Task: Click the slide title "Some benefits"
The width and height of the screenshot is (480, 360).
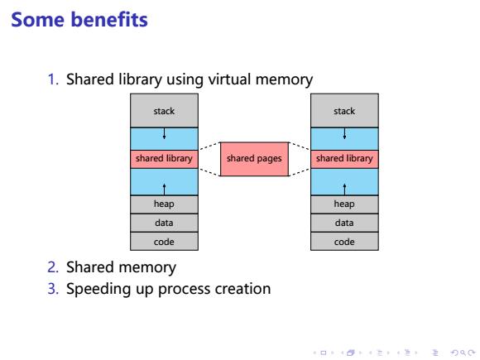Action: [79, 20]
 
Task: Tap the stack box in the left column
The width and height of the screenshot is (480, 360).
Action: [164, 111]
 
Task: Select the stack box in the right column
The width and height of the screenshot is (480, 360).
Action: [344, 111]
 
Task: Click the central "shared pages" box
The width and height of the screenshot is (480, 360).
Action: [254, 159]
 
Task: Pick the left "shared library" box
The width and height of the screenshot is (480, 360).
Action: [164, 159]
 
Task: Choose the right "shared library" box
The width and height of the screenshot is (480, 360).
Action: [344, 159]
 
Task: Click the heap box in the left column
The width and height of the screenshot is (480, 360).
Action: [164, 204]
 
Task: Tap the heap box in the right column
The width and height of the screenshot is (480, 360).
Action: [344, 204]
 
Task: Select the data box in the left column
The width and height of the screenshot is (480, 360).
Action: [164, 223]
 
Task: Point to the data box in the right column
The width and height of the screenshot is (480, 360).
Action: [344, 223]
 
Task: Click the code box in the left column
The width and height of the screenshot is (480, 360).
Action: [164, 242]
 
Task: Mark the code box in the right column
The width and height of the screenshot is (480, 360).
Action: [344, 242]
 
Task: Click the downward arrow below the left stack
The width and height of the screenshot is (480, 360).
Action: [164, 133]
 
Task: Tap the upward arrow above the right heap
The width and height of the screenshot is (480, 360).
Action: [345, 190]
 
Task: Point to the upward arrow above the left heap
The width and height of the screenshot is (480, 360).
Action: [165, 190]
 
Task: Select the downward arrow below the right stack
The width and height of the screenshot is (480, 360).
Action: [345, 133]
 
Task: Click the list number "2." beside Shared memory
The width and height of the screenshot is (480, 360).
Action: [53, 267]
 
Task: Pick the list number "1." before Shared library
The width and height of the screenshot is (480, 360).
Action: [53, 79]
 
